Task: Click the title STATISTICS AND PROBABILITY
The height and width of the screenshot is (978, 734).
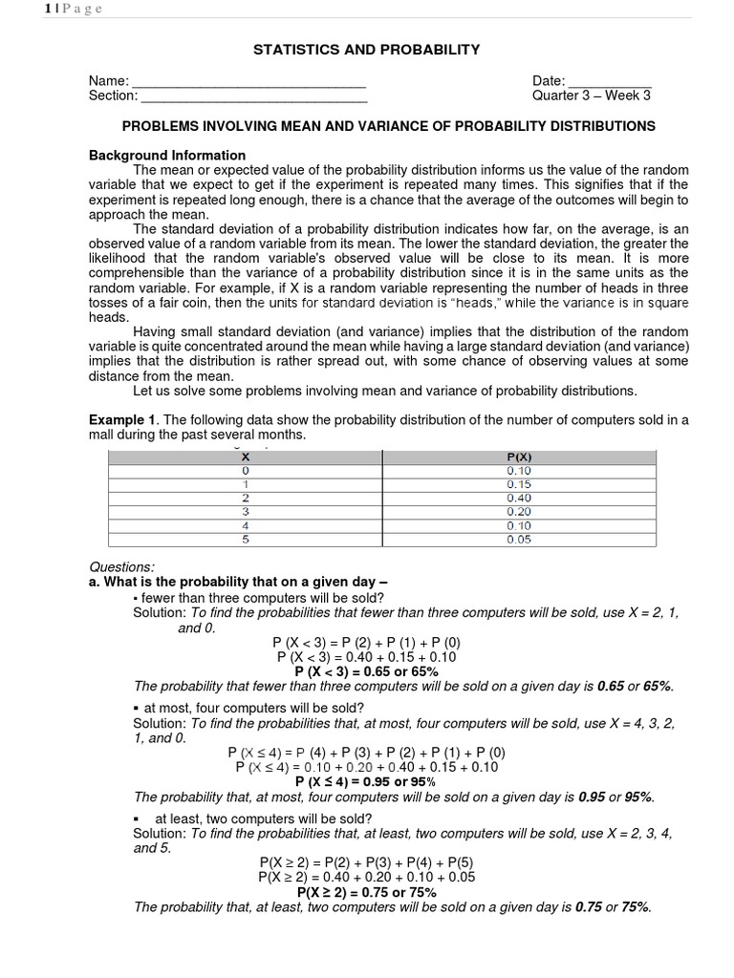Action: (x=366, y=49)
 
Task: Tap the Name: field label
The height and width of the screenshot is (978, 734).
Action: (x=108, y=81)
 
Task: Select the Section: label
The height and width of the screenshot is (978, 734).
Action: (x=113, y=96)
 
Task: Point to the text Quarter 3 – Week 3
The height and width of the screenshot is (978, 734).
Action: (x=592, y=96)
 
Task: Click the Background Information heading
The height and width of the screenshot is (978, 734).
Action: (x=167, y=155)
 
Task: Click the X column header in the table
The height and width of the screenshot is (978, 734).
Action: (x=246, y=457)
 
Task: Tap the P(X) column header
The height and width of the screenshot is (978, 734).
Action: (x=519, y=457)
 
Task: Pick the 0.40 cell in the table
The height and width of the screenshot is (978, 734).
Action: (x=519, y=498)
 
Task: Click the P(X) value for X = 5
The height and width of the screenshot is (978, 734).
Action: (x=519, y=540)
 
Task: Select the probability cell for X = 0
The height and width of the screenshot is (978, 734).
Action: (x=519, y=471)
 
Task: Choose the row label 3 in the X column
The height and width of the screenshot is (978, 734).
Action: (x=246, y=512)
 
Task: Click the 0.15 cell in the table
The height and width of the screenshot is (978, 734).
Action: (x=519, y=484)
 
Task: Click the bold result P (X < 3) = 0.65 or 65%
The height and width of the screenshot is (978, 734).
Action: (x=366, y=671)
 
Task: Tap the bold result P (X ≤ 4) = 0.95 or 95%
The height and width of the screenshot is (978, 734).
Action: (x=366, y=781)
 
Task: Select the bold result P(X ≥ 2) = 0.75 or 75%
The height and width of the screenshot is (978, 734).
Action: (x=366, y=892)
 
